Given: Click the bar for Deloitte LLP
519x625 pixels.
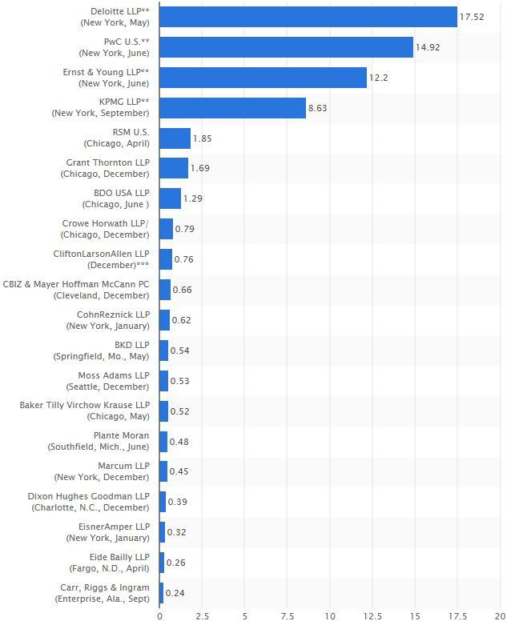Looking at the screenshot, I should tap(308, 17).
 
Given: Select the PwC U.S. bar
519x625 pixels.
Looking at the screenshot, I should tap(286, 47).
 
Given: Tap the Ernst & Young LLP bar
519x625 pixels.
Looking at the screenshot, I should tap(263, 78).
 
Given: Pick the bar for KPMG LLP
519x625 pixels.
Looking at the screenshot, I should tap(232, 108).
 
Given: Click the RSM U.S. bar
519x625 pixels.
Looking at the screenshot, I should tap(175, 138).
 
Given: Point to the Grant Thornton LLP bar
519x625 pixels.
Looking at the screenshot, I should tap(174, 168).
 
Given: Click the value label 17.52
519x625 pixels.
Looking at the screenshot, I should tap(472, 17).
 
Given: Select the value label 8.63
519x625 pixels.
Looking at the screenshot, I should tap(319, 108).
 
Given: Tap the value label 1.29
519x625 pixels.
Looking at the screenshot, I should tap(193, 198).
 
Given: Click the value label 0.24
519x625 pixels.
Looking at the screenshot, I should tap(175, 593).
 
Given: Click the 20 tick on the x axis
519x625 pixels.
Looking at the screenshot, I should tap(501, 616).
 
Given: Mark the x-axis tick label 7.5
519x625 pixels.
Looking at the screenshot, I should tap(288, 616).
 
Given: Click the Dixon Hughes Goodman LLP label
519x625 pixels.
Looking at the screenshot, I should tap(89, 502).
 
